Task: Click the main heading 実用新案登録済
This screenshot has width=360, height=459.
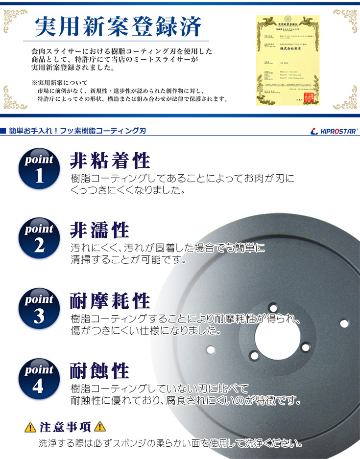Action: (118, 28)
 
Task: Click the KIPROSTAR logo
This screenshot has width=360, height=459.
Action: (335, 132)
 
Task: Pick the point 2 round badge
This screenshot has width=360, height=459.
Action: (39, 238)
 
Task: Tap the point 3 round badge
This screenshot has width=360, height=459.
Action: (39, 309)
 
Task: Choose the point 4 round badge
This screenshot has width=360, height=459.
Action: (39, 379)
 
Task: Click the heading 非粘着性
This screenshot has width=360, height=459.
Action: (110, 161)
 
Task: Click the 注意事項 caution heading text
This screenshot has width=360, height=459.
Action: (65, 427)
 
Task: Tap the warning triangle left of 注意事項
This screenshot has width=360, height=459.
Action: (30, 427)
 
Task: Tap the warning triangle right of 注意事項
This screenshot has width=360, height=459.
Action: (100, 427)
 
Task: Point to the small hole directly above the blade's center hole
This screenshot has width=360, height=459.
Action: (273, 307)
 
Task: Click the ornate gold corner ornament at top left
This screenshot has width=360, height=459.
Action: (14, 19)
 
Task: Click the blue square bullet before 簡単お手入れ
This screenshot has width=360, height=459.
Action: (3, 131)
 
